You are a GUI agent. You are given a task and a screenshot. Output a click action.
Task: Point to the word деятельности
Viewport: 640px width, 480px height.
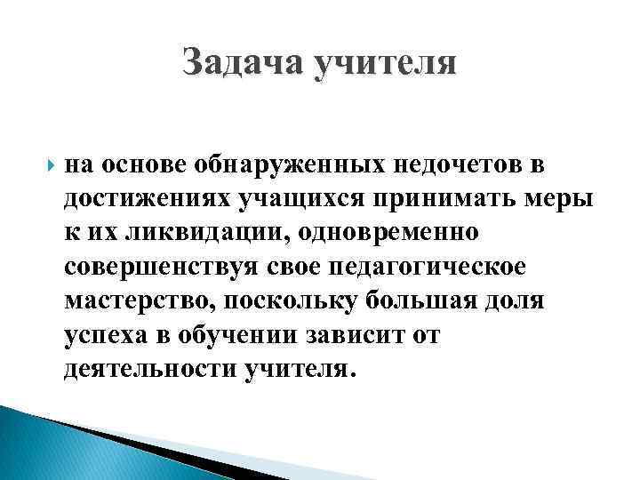pos(148,369)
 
